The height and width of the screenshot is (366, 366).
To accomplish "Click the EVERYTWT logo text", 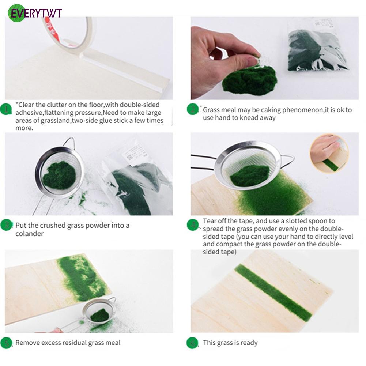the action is click(x=36, y=13).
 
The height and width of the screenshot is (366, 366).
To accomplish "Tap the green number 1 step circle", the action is click(x=6, y=109).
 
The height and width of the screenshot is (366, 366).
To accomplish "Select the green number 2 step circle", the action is click(x=193, y=109).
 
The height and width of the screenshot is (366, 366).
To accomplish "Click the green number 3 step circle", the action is click(x=6, y=225).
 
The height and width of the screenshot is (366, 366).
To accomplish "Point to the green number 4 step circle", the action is click(x=193, y=225).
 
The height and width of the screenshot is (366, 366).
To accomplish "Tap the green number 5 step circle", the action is click(x=6, y=343).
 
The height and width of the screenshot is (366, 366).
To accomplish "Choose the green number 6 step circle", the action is click(x=192, y=343).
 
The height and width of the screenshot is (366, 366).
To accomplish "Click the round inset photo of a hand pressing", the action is click(x=329, y=154).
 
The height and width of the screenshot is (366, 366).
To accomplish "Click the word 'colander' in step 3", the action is click(x=29, y=234).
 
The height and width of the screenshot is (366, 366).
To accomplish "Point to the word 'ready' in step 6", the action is click(x=249, y=343).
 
